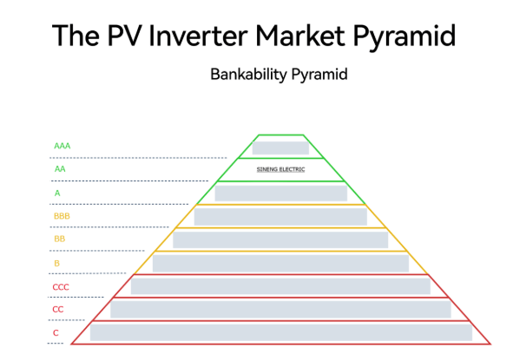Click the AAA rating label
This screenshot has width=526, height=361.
pyautogui.click(x=62, y=146)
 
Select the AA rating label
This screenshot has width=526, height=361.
pyautogui.click(x=60, y=169)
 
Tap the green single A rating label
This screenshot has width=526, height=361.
pyautogui.click(x=57, y=194)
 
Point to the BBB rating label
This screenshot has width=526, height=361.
pyautogui.click(x=62, y=216)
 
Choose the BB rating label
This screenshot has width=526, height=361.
pyautogui.click(x=59, y=239)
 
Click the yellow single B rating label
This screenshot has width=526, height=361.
pyautogui.click(x=56, y=263)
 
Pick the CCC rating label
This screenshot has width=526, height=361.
pyautogui.click(x=61, y=287)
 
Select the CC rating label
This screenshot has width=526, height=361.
pyautogui.click(x=57, y=309)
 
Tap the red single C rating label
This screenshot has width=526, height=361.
pyautogui.click(x=56, y=333)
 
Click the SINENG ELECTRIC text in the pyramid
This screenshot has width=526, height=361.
pyautogui.click(x=280, y=169)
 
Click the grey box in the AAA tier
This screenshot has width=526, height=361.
pyautogui.click(x=280, y=148)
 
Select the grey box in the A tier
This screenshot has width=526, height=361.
pyautogui.click(x=281, y=194)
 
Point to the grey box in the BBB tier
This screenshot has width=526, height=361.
pyautogui.click(x=280, y=217)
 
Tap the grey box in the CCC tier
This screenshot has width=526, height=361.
pyautogui.click(x=280, y=286)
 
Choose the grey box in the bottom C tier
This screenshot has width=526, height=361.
pyautogui.click(x=281, y=333)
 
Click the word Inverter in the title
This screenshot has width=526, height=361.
pyautogui.click(x=198, y=36)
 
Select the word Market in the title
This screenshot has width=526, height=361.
pyautogui.click(x=300, y=36)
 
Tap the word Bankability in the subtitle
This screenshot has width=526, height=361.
pyautogui.click(x=248, y=75)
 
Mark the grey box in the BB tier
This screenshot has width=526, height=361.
pyautogui.click(x=280, y=240)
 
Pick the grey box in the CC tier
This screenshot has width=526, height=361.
pyautogui.click(x=280, y=309)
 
